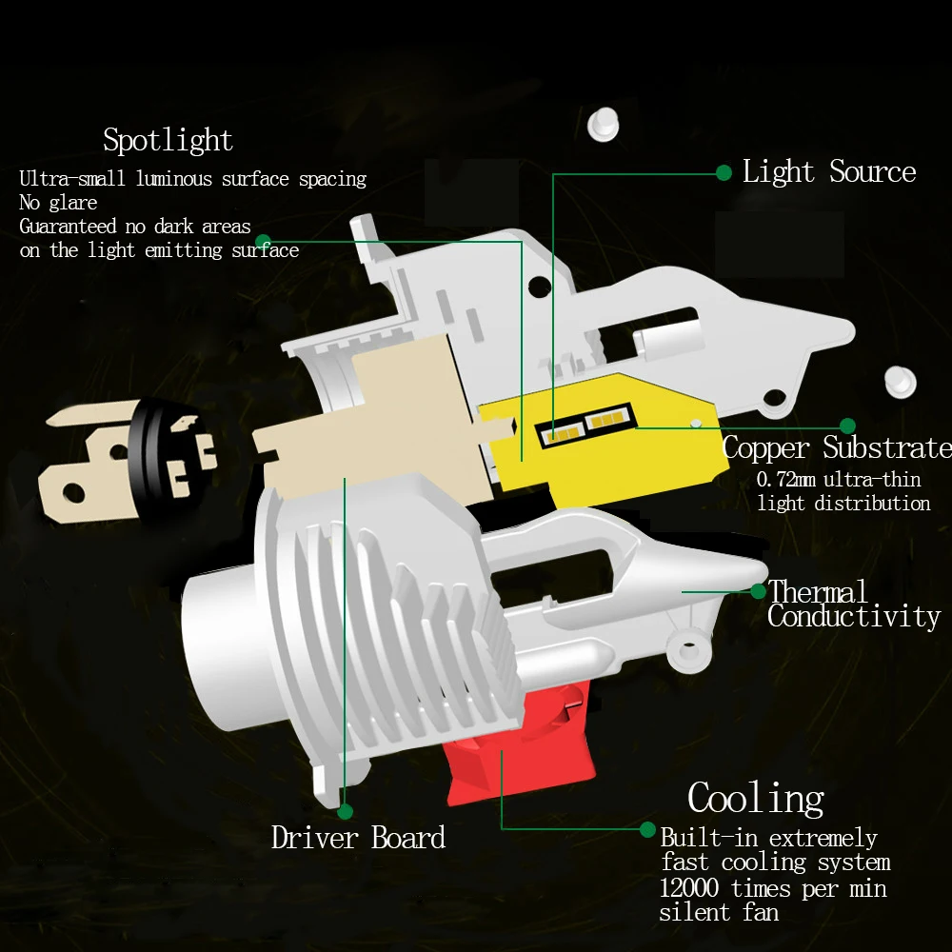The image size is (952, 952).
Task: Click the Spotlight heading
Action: click(168, 141)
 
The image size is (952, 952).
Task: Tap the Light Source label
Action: click(828, 172)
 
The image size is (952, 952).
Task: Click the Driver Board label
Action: click(358, 838)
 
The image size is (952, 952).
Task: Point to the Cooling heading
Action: click(756, 798)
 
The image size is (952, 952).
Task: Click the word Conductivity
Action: click(853, 617)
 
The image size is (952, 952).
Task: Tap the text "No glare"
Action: click(58, 203)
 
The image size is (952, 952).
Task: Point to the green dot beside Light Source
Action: click(724, 172)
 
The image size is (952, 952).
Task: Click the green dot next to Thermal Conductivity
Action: click(758, 591)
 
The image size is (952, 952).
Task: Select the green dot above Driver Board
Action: click(345, 811)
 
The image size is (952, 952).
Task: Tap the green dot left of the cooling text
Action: click(647, 829)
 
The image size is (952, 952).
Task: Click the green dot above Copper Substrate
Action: click(847, 426)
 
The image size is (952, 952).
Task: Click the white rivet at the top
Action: click(602, 124)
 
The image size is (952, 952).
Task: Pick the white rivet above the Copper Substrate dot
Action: click(900, 381)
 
